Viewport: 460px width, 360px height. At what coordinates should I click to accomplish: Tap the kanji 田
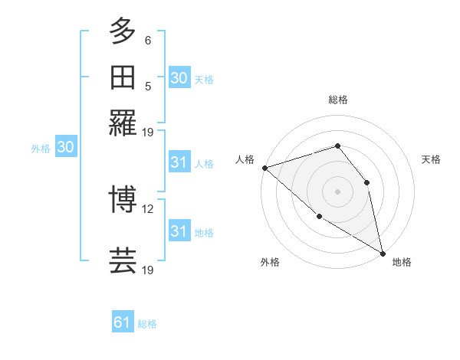point(123,77)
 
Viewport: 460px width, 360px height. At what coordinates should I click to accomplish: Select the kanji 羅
point(123,123)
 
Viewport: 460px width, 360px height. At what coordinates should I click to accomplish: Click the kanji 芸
point(123,260)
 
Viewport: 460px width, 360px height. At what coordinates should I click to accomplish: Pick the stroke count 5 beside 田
point(148,86)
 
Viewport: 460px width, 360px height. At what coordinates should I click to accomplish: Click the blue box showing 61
point(123,322)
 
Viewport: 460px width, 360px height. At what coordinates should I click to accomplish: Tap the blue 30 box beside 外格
point(65,148)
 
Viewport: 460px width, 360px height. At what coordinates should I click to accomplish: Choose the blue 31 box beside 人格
point(179,162)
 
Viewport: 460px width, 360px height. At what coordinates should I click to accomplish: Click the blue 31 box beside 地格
point(179,231)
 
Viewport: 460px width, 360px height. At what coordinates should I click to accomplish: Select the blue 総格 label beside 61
point(147,324)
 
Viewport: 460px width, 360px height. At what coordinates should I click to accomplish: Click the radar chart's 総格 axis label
point(337,100)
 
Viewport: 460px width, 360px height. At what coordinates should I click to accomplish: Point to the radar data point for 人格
point(264,167)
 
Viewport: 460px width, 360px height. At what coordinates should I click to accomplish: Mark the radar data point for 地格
point(383,252)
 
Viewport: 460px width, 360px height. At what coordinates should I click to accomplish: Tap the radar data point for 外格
point(319,216)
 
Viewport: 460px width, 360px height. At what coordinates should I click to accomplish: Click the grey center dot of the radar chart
point(337,191)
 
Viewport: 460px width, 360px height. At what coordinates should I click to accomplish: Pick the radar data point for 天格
point(366,182)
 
